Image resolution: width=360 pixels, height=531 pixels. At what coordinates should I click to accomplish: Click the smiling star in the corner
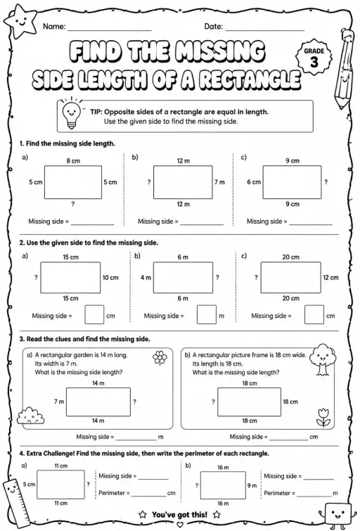pyautogui.click(x=20, y=23)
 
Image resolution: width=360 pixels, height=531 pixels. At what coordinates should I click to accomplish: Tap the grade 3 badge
pyautogui.click(x=314, y=58)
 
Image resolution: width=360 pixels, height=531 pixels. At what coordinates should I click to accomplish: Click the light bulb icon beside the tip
pyautogui.click(x=71, y=113)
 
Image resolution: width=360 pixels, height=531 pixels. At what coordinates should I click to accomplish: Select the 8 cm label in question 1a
pyautogui.click(x=73, y=161)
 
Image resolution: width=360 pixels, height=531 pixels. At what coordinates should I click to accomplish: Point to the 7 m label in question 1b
pyautogui.click(x=219, y=182)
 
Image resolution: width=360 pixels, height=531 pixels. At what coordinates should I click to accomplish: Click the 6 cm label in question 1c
pyautogui.click(x=254, y=182)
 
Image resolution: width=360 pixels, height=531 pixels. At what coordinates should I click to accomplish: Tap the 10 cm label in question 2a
pyautogui.click(x=110, y=278)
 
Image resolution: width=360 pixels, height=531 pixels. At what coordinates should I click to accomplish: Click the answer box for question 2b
pyautogui.click(x=207, y=314)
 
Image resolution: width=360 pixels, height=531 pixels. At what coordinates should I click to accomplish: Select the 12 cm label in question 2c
pyautogui.click(x=330, y=278)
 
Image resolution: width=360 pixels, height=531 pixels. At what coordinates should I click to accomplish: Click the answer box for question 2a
pyautogui.click(x=94, y=314)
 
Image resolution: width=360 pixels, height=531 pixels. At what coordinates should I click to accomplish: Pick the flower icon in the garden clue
pyautogui.click(x=160, y=357)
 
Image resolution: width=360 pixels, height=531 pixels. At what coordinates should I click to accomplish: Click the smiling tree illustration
pyautogui.click(x=322, y=359)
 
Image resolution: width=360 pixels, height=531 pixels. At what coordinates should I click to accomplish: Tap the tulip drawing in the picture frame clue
pyautogui.click(x=323, y=418)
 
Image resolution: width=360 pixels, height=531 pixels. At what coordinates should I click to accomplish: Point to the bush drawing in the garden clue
pyautogui.click(x=30, y=416)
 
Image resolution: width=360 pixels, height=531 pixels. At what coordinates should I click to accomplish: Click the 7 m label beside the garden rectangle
pyautogui.click(x=59, y=402)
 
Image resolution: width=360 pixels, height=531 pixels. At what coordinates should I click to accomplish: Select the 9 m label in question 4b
pyautogui.click(x=252, y=485)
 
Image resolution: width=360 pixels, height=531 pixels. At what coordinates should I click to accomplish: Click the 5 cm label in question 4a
pyautogui.click(x=29, y=485)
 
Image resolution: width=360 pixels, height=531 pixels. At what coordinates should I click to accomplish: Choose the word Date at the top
pyautogui.click(x=213, y=27)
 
